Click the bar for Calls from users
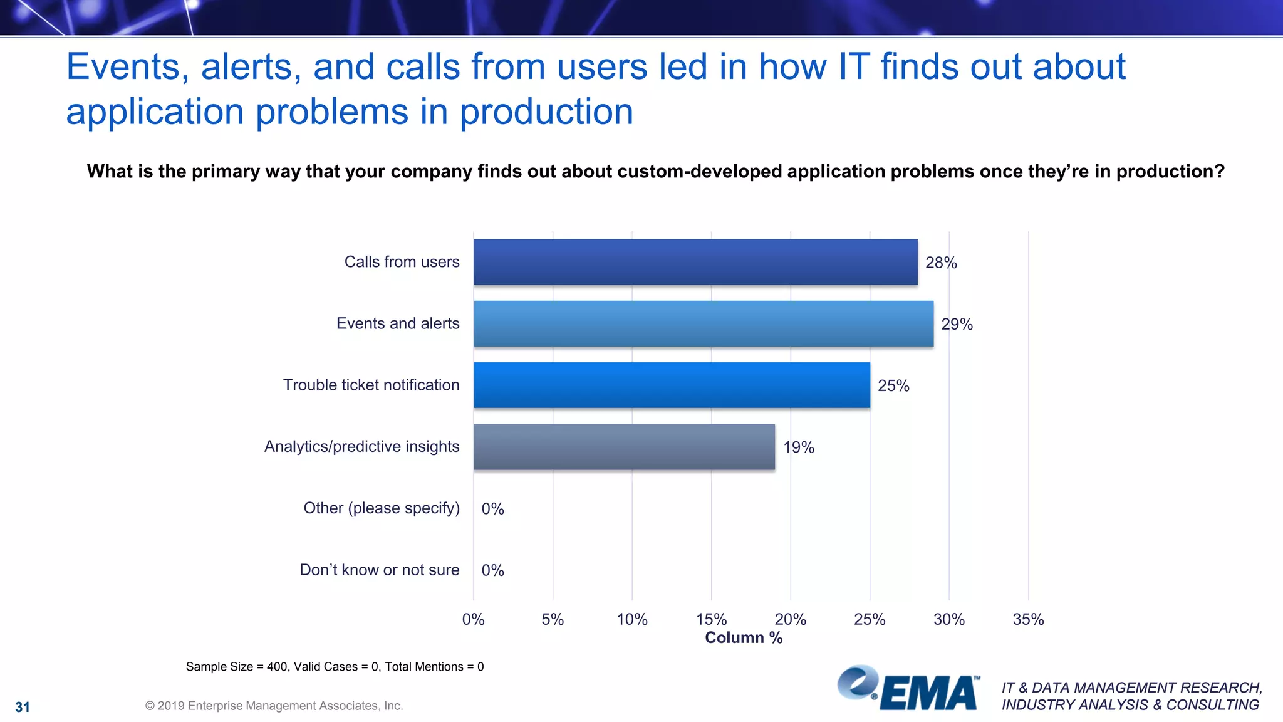tap(695, 262)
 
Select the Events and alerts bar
tap(703, 323)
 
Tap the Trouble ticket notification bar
tap(672, 385)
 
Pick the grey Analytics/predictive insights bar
tap(624, 446)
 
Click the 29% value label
tap(957, 324)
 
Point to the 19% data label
tap(798, 447)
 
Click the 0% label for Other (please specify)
tap(492, 508)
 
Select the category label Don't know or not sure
tap(379, 570)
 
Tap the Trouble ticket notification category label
tap(371, 385)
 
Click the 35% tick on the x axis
tap(1028, 619)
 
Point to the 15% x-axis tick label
tap(711, 619)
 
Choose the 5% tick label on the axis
tap(553, 619)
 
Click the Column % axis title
tap(744, 637)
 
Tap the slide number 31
tap(23, 707)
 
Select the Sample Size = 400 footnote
tap(335, 667)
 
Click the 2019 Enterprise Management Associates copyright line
tap(274, 706)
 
